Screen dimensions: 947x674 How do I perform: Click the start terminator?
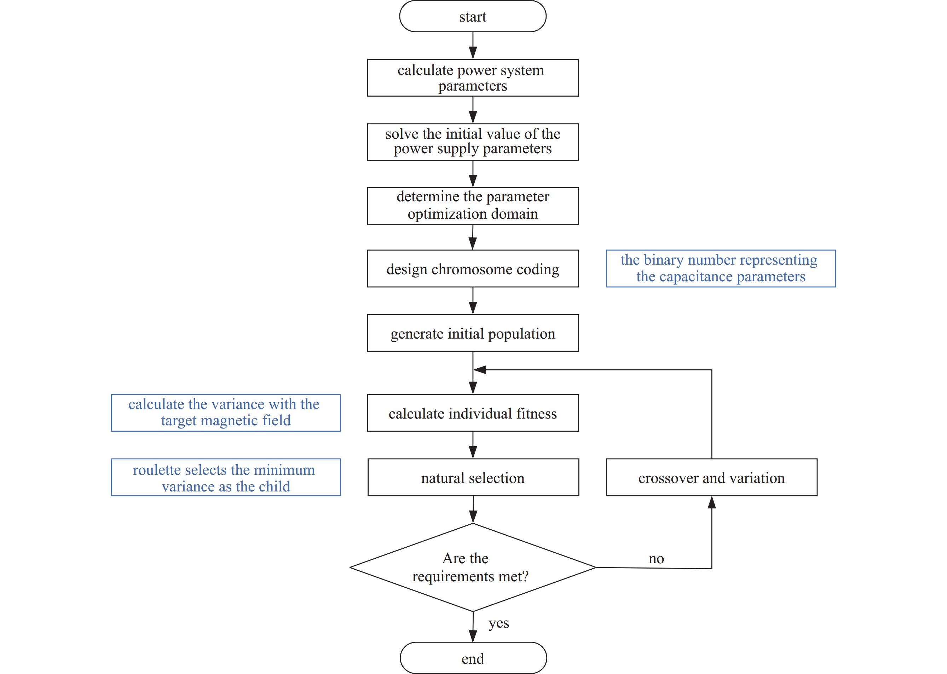point(473,16)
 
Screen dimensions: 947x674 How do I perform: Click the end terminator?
point(473,658)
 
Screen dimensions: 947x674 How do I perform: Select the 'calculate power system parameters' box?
point(473,77)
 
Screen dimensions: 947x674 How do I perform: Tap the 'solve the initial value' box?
point(473,142)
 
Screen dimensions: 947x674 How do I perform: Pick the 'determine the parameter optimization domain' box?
point(473,206)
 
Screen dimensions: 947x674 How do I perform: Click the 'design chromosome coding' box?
point(473,269)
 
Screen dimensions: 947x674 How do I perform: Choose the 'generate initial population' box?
point(473,333)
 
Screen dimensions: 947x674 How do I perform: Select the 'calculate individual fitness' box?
point(473,413)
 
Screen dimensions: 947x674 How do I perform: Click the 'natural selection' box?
point(473,477)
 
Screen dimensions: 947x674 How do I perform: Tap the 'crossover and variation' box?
point(712,477)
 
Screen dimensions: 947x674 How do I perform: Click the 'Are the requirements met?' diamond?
point(473,568)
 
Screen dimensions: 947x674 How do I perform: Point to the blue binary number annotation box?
point(721,269)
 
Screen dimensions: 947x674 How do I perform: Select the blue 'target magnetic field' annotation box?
point(226,413)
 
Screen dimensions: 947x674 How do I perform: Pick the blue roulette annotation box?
point(226,477)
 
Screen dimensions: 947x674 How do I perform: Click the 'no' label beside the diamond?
point(656,559)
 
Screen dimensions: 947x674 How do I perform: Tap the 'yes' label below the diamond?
point(499,623)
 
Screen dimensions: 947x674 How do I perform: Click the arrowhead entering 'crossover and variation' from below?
point(712,502)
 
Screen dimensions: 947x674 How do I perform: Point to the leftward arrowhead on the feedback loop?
point(480,370)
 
